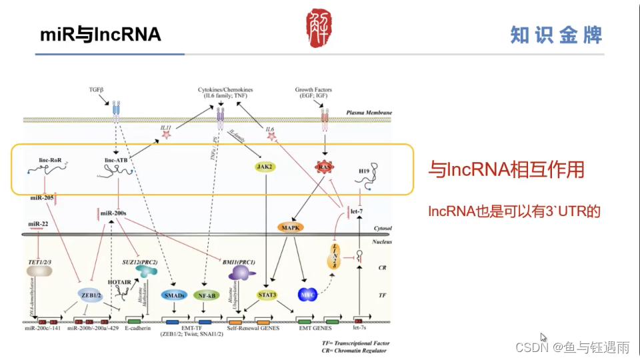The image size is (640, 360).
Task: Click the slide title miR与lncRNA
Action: tap(101, 34)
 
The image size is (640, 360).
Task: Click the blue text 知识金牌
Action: tap(556, 35)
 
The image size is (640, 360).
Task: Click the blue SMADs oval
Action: tap(174, 295)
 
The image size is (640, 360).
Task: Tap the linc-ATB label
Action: tap(116, 161)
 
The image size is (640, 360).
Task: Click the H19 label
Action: tap(364, 171)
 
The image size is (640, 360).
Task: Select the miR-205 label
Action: tap(41, 198)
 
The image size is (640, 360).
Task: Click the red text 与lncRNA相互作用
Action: tap(506, 170)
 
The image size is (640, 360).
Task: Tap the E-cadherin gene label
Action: tap(138, 328)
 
